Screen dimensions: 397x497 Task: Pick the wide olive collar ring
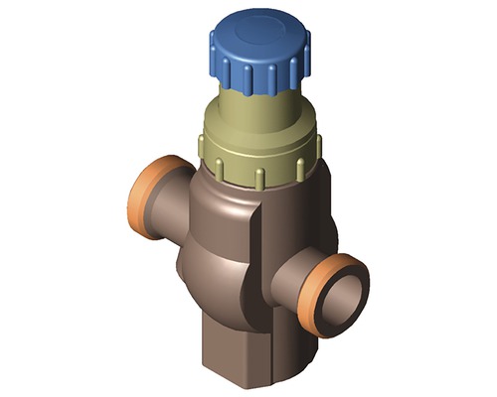point(260,159)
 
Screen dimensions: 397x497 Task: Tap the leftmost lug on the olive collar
point(203,150)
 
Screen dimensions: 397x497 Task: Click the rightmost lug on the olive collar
point(319,147)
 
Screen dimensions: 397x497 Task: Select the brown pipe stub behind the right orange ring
point(293,283)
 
